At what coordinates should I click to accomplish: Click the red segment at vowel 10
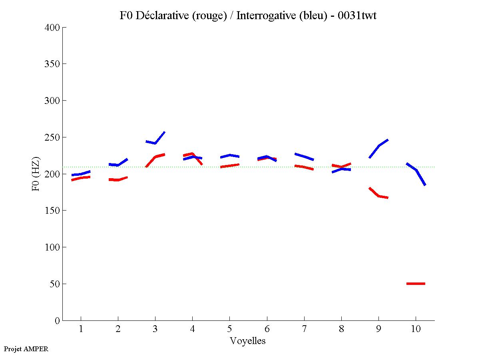point(416,284)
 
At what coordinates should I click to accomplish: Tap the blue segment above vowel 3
point(155,142)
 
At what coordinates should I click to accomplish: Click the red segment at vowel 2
point(118,180)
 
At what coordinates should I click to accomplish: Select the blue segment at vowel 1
point(81,174)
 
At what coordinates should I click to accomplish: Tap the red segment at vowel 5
point(229,165)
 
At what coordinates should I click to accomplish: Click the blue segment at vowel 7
point(304,157)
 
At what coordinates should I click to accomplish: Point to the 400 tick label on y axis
point(52,28)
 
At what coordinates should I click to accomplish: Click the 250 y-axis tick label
point(52,137)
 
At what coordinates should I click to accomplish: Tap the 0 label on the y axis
point(58,321)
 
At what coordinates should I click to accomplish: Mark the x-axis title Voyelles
point(248,341)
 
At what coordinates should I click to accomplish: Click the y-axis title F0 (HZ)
point(36,174)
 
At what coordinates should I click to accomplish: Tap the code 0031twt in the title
point(357,16)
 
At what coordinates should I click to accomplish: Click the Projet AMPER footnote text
point(26,349)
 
